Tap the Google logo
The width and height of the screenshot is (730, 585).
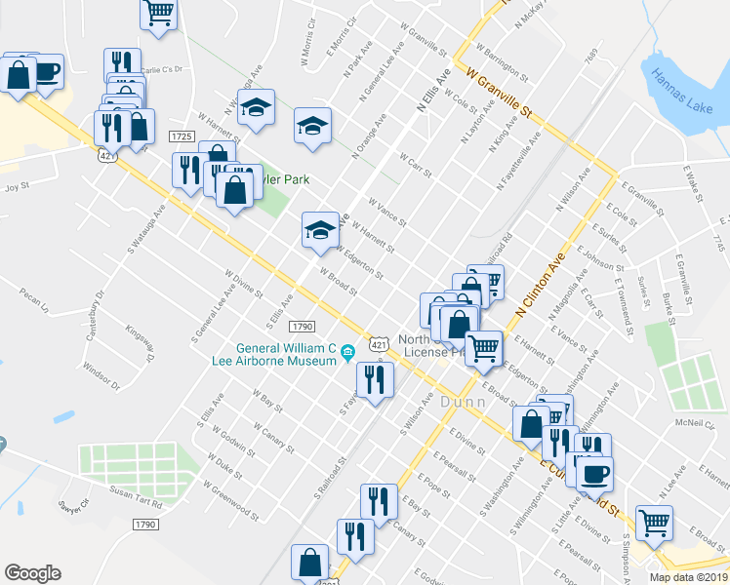click(x=32, y=573)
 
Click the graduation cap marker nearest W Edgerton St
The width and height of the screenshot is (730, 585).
click(x=320, y=231)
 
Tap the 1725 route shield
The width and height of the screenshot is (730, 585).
click(x=181, y=136)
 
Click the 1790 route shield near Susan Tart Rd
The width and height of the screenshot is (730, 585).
click(x=145, y=525)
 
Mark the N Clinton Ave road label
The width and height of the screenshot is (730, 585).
click(x=541, y=284)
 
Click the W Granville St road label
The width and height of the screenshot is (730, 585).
click(x=503, y=92)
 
